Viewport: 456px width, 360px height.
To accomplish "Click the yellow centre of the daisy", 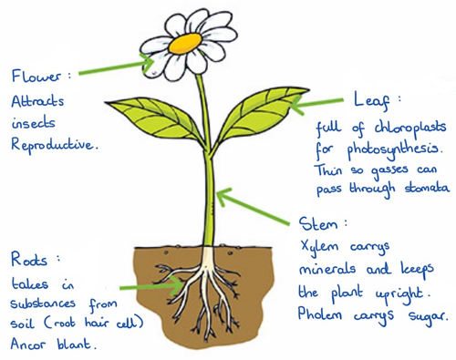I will [188, 42].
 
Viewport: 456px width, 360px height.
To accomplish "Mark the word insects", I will [34, 120].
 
